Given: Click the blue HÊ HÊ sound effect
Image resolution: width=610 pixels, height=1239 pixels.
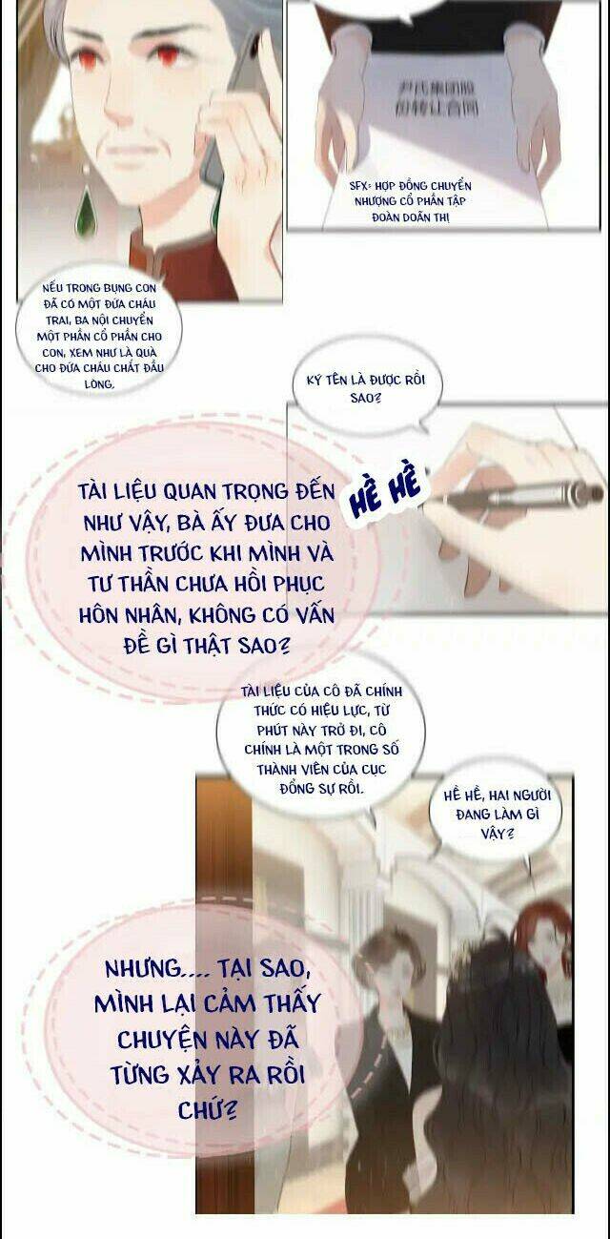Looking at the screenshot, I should coord(388,494).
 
